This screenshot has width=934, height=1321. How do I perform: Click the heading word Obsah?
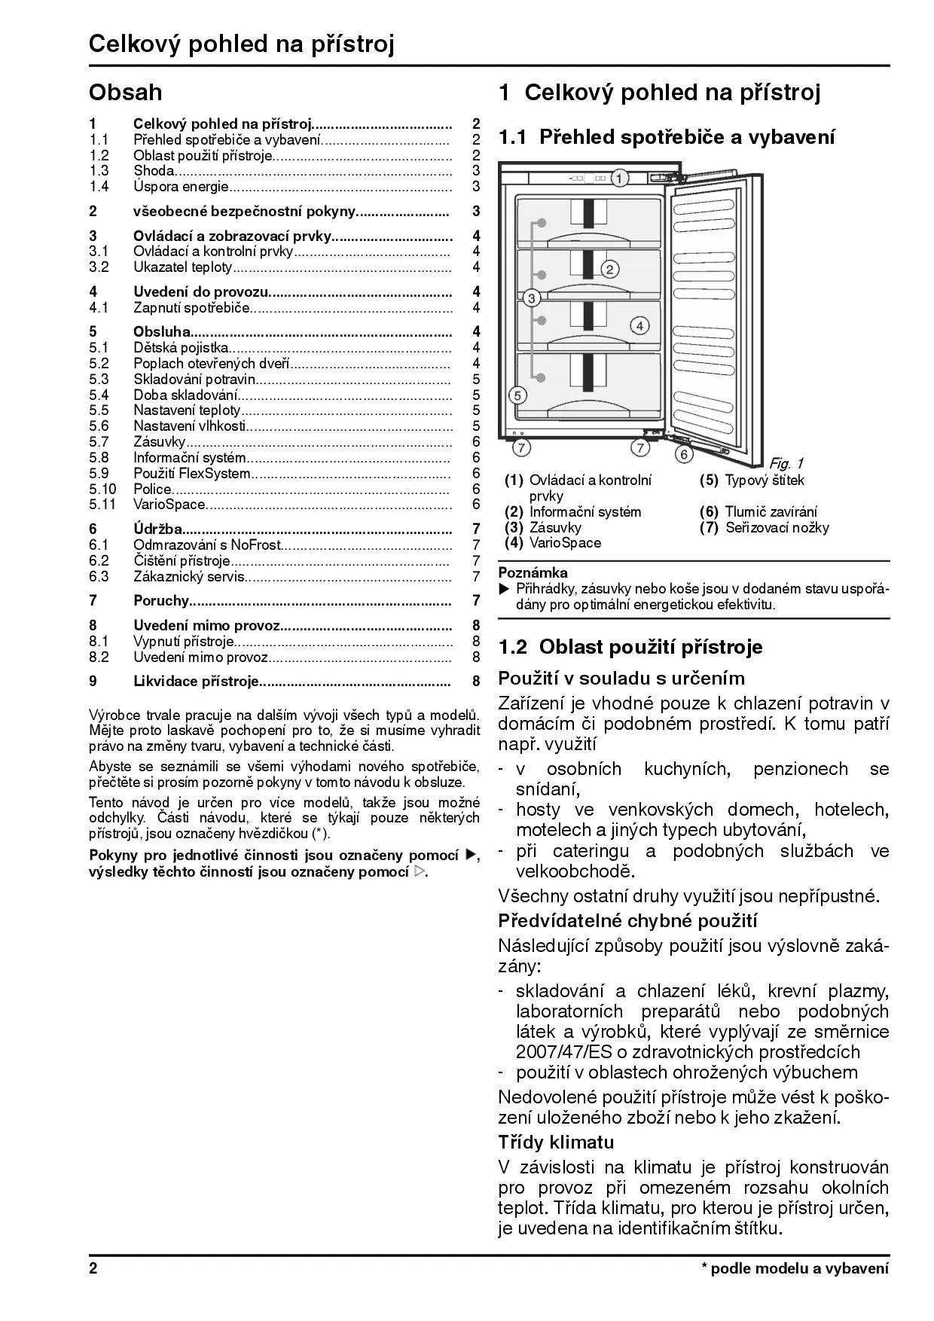tap(125, 93)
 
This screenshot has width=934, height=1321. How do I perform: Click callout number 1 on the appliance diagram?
tap(619, 178)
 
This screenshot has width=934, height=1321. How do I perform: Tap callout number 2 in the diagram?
tap(609, 269)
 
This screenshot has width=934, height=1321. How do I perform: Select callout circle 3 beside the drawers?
tap(532, 298)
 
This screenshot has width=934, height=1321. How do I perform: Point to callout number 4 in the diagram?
tap(639, 325)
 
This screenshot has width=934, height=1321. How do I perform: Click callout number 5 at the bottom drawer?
tap(517, 395)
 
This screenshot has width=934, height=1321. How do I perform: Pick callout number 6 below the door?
tap(683, 454)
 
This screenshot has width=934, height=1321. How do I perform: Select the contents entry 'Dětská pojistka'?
tap(181, 347)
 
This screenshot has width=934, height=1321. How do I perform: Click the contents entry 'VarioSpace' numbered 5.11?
tap(169, 505)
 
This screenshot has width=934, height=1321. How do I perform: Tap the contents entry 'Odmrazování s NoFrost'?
tap(206, 545)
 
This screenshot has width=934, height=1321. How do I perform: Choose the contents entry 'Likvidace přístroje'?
tap(196, 682)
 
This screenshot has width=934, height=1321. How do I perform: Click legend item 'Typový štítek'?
tap(765, 481)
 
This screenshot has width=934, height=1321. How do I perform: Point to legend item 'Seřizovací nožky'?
tap(777, 528)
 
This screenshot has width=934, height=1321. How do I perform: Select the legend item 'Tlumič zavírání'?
tap(771, 512)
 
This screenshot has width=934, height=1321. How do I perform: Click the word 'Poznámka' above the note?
tap(533, 573)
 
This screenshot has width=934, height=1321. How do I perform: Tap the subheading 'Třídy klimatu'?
tap(556, 1142)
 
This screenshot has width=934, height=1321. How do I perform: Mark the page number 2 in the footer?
tap(93, 1268)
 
